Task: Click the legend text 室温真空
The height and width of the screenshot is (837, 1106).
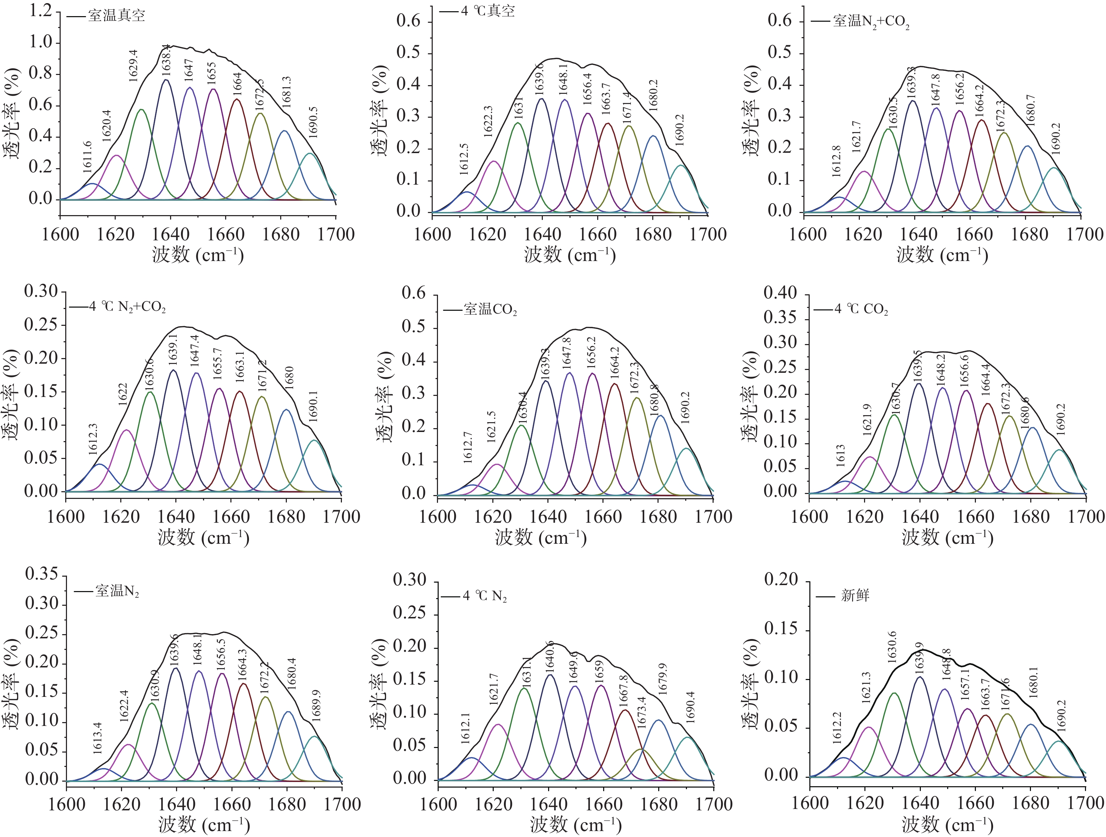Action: pos(116,15)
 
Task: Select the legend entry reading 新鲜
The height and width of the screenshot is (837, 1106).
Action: pos(855,595)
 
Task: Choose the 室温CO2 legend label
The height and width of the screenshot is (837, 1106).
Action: pos(490,309)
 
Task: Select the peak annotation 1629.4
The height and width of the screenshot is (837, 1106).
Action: pos(133,66)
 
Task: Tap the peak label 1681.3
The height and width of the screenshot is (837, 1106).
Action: pos(286,92)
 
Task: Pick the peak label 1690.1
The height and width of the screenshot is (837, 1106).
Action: pos(313,406)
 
